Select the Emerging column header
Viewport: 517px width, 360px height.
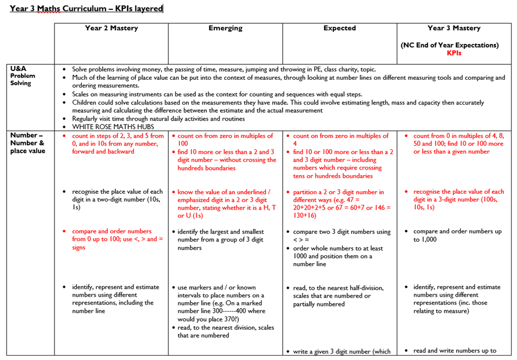click(226, 28)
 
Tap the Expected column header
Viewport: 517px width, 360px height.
click(339, 28)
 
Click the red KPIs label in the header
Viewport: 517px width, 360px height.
click(454, 53)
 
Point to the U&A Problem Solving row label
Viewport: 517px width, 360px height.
click(23, 76)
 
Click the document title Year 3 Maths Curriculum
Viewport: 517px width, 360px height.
click(86, 9)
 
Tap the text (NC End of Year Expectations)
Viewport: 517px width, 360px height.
click(449, 45)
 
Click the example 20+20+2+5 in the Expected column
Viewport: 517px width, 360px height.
click(312, 208)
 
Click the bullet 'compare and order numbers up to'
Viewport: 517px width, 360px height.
click(457, 232)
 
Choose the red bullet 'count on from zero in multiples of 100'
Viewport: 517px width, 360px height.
click(225, 140)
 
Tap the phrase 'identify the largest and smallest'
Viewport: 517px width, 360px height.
click(221, 232)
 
